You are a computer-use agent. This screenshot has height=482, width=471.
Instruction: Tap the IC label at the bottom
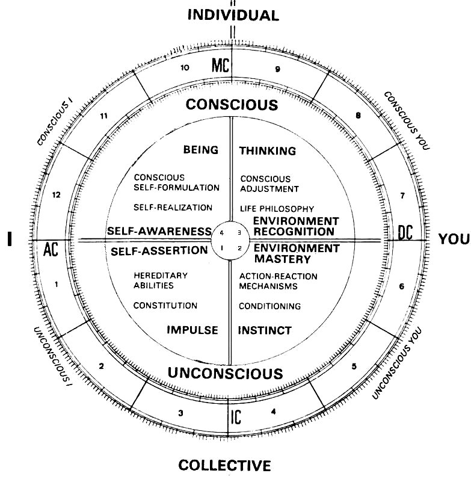pyautogui.click(x=236, y=417)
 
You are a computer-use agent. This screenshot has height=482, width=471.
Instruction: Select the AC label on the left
pyautogui.click(x=50, y=249)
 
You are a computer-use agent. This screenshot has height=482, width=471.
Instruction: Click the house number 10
pyautogui.click(x=185, y=68)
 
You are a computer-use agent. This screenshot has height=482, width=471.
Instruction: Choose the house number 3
pyautogui.click(x=181, y=413)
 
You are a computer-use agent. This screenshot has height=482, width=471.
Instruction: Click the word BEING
pyautogui.click(x=201, y=150)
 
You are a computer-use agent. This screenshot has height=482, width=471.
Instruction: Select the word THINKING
pyautogui.click(x=268, y=151)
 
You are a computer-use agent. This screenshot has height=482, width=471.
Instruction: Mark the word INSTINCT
pyautogui.click(x=265, y=330)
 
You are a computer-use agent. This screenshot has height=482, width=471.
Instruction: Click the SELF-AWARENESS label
pyautogui.click(x=159, y=231)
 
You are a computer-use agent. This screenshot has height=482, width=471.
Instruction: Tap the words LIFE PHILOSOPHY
pyautogui.click(x=277, y=208)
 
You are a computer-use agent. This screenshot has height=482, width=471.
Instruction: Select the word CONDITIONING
pyautogui.click(x=269, y=306)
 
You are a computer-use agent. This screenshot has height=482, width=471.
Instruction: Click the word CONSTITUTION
pyautogui.click(x=165, y=306)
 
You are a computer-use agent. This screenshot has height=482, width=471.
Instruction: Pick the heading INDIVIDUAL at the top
pyautogui.click(x=233, y=15)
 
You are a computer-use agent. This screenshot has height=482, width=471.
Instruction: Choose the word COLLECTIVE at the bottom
pyautogui.click(x=225, y=465)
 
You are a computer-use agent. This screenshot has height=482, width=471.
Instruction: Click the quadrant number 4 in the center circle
pyautogui.click(x=222, y=232)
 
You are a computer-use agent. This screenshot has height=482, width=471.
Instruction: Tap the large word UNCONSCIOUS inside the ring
pyautogui.click(x=225, y=373)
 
